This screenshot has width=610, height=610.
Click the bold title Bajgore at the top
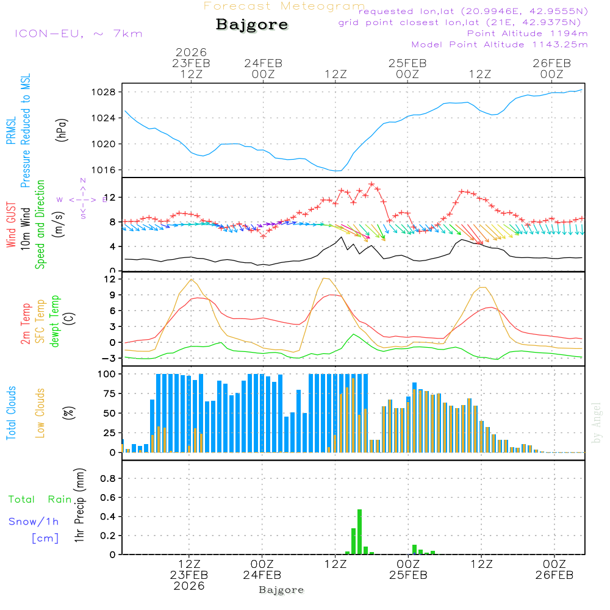coord(252,25)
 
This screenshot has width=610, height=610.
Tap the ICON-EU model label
coord(78,34)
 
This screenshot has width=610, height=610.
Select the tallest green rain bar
coord(359,531)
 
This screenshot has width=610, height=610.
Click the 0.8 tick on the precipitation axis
coord(108,479)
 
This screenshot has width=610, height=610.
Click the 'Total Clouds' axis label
coord(11,413)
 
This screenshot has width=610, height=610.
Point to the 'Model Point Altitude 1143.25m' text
coord(500,45)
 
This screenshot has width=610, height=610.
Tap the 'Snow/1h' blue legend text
coord(34,522)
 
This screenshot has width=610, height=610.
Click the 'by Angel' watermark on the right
coord(597,423)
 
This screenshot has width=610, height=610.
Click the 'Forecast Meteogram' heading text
coord(284,6)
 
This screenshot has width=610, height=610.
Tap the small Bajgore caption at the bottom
coord(281,590)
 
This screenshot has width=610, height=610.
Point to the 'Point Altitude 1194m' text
coord(527,34)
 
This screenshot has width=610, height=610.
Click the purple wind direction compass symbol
coord(82,199)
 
